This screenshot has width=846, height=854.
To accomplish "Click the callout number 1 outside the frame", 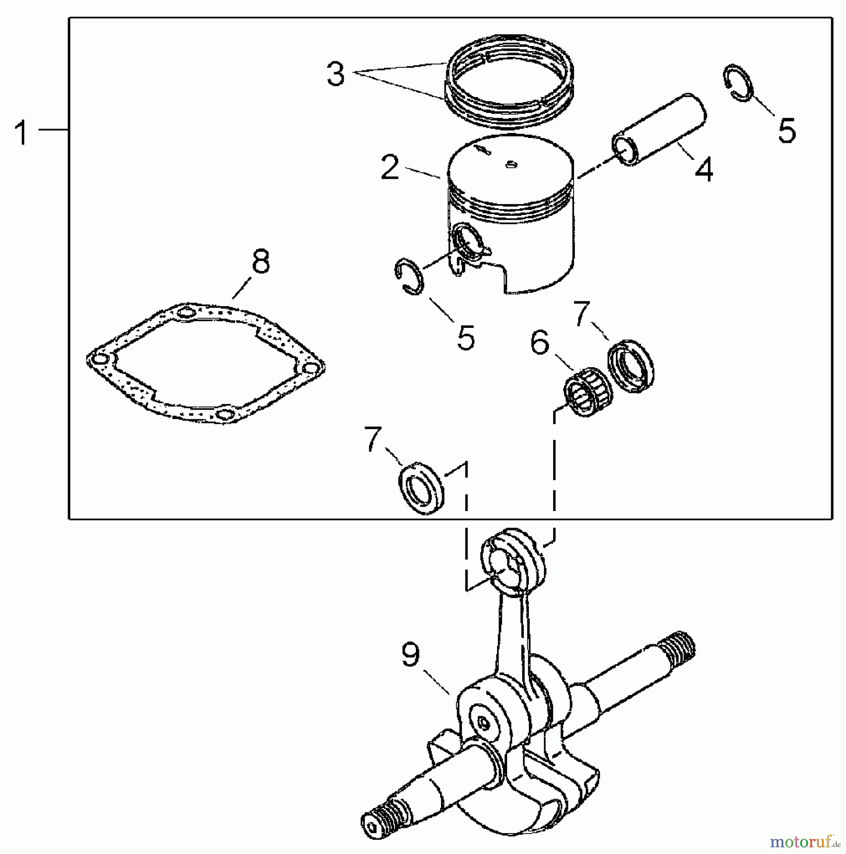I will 21,133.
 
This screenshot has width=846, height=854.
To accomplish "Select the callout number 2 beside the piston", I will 390,167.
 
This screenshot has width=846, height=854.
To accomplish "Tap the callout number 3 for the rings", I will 336,74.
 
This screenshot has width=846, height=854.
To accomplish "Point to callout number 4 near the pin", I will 704,170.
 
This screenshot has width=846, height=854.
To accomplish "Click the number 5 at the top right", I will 787,130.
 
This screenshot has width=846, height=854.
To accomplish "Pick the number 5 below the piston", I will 466,337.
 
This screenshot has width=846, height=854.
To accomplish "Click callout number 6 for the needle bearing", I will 540,343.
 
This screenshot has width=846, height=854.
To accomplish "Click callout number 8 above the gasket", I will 261,261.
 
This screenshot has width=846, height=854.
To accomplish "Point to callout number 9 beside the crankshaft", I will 411,655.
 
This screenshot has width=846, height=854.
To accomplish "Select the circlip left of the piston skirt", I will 409,277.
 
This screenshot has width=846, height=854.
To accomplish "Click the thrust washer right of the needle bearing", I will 630,366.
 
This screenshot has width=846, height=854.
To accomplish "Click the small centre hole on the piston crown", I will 510,165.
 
